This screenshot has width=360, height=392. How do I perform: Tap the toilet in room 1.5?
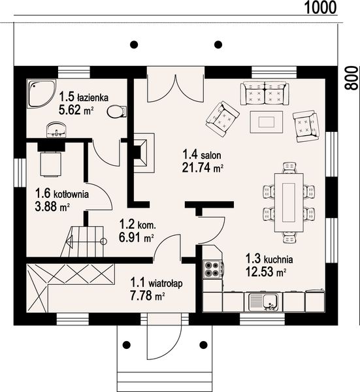117,112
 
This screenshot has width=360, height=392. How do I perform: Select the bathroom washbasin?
57,130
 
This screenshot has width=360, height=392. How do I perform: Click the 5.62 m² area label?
76,110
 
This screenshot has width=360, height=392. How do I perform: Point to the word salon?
211,155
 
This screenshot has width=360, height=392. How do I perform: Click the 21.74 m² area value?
203,168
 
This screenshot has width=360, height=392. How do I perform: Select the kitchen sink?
263,302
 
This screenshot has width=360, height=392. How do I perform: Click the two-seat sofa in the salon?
265,93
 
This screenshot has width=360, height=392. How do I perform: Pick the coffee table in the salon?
267,122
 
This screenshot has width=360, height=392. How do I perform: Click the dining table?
289,203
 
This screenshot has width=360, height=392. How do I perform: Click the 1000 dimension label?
320,7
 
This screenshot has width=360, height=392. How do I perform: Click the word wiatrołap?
165,284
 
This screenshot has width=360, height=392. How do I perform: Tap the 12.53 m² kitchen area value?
265,272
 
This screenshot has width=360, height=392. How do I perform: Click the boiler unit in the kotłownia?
51,164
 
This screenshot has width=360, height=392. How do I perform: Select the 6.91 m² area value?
136,238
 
